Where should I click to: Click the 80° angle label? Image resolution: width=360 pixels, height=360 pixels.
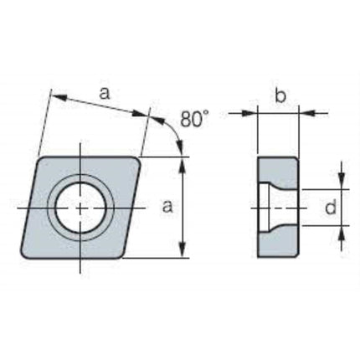pyautogui.click(x=194, y=119)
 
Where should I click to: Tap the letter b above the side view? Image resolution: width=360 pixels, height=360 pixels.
pyautogui.click(x=280, y=96)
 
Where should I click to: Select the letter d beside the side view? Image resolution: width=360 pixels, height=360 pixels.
pyautogui.click(x=331, y=207)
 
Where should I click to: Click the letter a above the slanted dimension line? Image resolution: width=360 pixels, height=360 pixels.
pyautogui.click(x=105, y=94)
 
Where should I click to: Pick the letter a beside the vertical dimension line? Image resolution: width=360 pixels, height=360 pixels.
pyautogui.click(x=167, y=207)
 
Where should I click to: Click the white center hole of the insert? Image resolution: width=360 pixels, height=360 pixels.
pyautogui.click(x=80, y=208)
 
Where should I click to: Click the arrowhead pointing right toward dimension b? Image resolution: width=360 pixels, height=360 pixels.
pyautogui.click(x=249, y=113)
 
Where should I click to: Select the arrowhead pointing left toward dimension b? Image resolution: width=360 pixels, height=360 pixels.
pyautogui.click(x=306, y=113)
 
